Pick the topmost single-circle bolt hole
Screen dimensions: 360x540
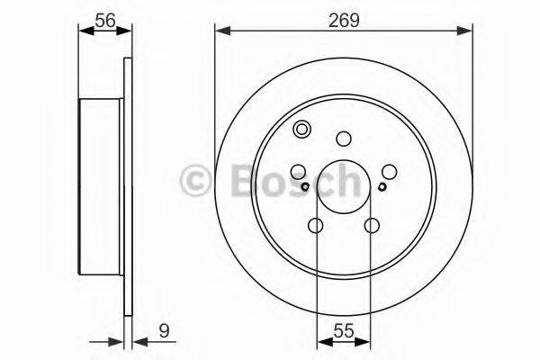[343, 138]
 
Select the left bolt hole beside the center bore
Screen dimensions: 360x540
[299, 171]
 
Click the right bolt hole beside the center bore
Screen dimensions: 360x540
[389, 171]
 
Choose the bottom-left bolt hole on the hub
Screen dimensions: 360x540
[316, 225]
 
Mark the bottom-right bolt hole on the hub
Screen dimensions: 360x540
[371, 225]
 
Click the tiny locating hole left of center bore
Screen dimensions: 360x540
[306, 186]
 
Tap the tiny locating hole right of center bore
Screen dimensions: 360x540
[382, 186]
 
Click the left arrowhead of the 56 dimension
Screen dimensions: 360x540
[85, 32]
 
